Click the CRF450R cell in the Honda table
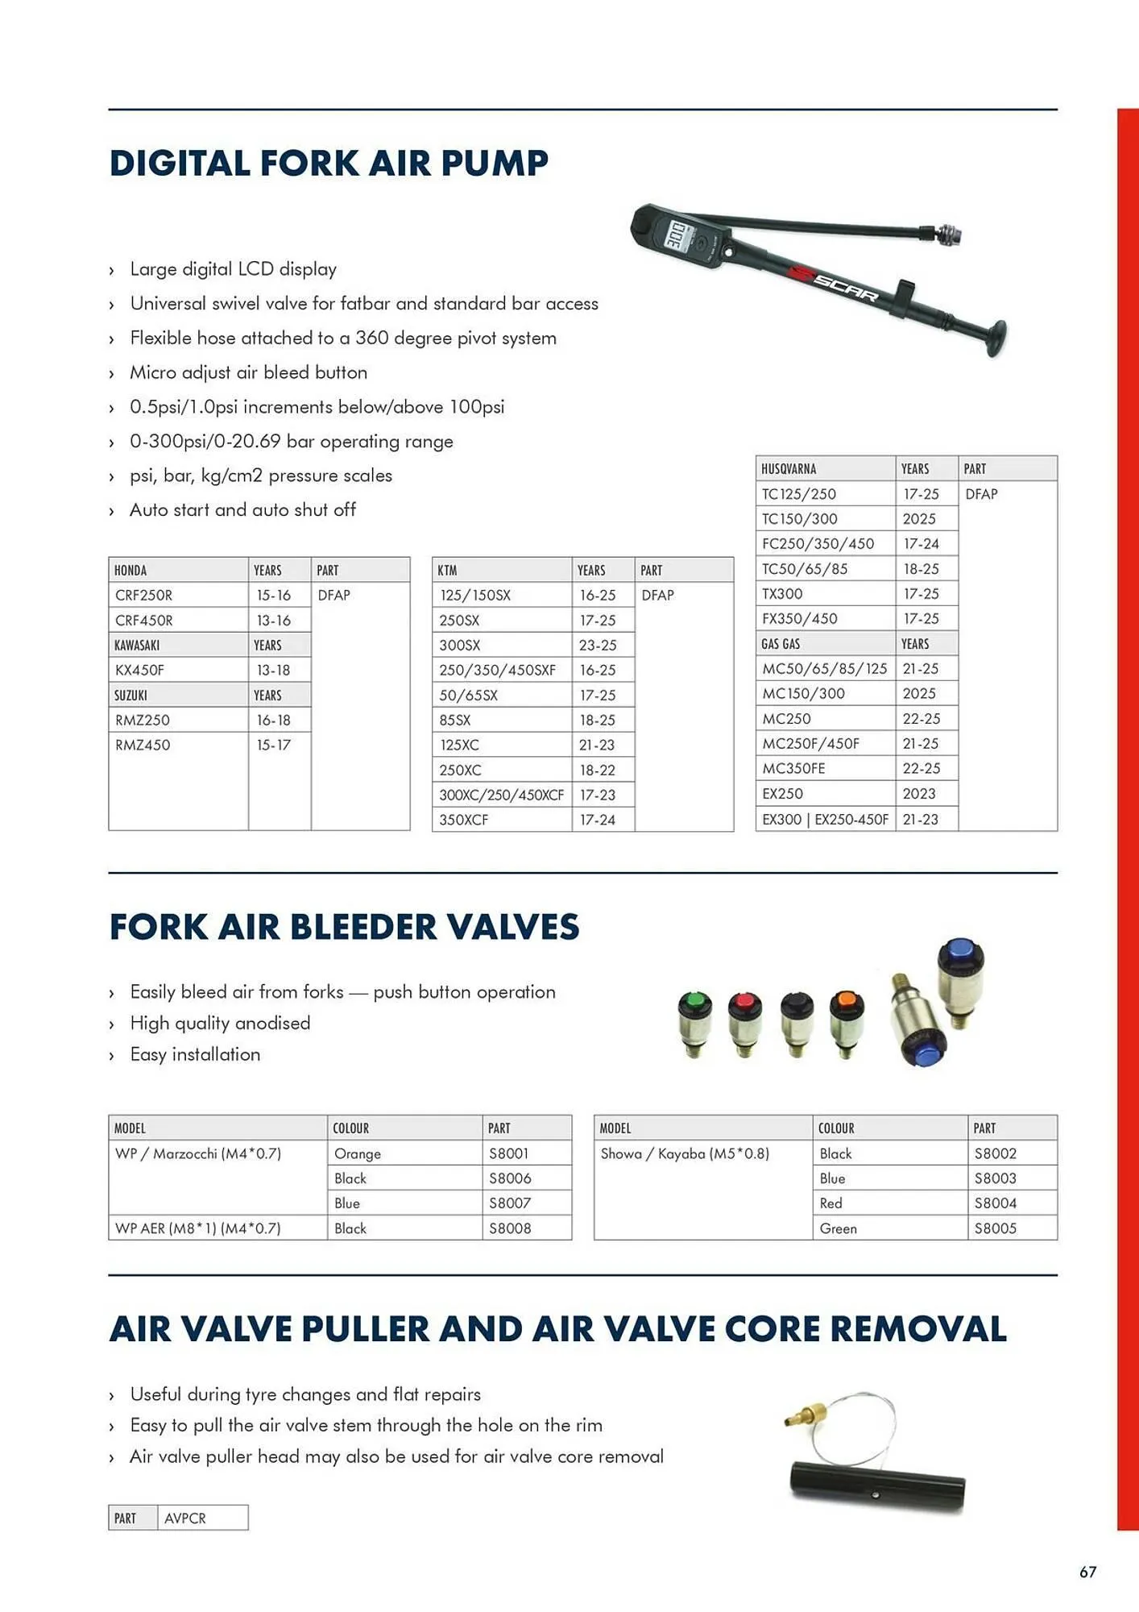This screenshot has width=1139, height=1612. [x=144, y=620]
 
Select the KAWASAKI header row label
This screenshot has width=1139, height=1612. [x=137, y=645]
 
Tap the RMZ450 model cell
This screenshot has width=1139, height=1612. [x=143, y=745]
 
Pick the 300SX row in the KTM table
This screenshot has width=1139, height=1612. [x=460, y=645]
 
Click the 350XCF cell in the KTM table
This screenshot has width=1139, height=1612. [x=464, y=820]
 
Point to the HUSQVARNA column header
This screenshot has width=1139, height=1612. [x=789, y=468]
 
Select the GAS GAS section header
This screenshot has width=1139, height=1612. [x=781, y=643]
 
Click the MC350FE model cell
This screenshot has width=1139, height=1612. [x=793, y=768]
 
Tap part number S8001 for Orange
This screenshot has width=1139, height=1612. [x=509, y=1153]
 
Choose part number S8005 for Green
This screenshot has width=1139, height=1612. [x=996, y=1228]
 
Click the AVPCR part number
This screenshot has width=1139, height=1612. [x=185, y=1518]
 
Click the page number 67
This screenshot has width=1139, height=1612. [x=1087, y=1572]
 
